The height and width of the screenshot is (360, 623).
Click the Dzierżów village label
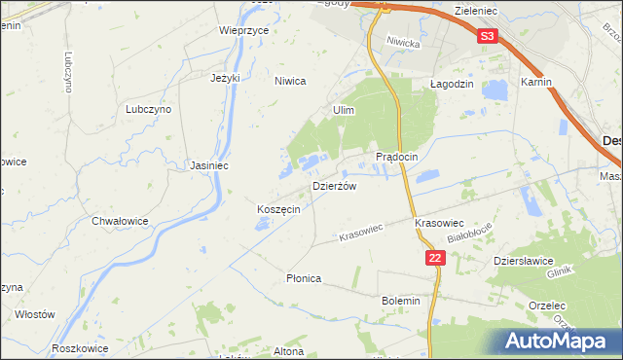click(x=334, y=185)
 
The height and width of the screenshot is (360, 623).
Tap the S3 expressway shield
click(x=489, y=37)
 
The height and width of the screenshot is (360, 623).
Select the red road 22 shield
click(x=435, y=257)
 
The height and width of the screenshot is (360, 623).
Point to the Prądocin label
click(x=396, y=157)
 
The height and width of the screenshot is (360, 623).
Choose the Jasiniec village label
click(x=209, y=165)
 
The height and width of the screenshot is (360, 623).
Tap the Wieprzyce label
click(x=243, y=30)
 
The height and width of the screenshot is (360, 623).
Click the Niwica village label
click(x=290, y=82)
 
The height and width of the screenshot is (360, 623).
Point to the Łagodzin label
click(x=452, y=84)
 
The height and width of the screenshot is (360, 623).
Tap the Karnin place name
click(x=536, y=82)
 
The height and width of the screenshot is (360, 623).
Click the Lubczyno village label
click(x=148, y=110)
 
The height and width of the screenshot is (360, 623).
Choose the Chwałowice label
click(x=120, y=221)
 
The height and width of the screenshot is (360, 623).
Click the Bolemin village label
click(x=401, y=301)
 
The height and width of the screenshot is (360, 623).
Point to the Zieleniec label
click(x=477, y=8)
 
